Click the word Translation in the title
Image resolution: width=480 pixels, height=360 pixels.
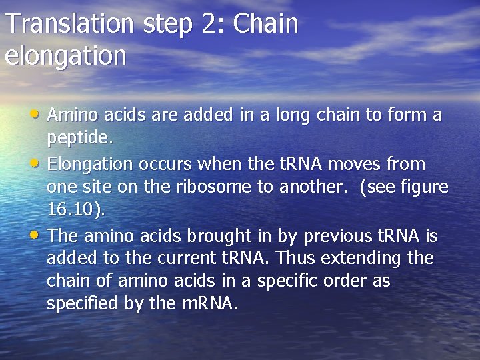click(x=70, y=24)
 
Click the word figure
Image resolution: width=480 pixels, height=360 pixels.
click(x=424, y=187)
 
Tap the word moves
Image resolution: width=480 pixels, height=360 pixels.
click(x=359, y=163)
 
